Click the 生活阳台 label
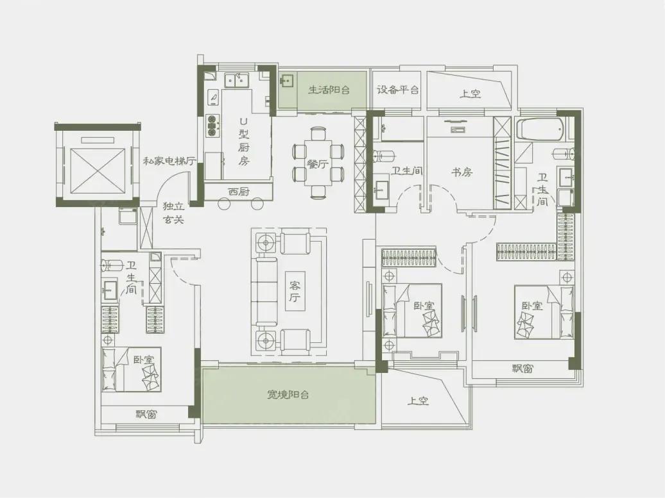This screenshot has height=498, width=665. pos(329,90)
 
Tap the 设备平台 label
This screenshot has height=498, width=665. pos(397,90)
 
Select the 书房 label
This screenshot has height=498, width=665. pos(462,172)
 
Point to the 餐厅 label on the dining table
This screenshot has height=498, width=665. pos(318,164)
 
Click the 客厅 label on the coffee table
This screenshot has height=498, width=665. pos(295,292)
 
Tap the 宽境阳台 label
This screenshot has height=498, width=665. pos(288,395)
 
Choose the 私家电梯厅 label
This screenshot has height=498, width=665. pos(169,161)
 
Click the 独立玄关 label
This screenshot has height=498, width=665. pos(174,213)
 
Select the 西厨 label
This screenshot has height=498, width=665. pos(238,192)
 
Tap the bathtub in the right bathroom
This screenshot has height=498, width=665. pos(540,129)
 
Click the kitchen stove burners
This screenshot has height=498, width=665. pos(212,126)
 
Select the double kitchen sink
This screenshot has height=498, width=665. pos(237,80)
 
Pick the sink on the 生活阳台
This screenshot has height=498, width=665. pos(287,80)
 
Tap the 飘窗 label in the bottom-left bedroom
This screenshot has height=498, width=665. pos(146,414)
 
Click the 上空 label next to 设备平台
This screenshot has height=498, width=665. pos(470,93)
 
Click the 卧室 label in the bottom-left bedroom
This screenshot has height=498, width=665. pos(144,360)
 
